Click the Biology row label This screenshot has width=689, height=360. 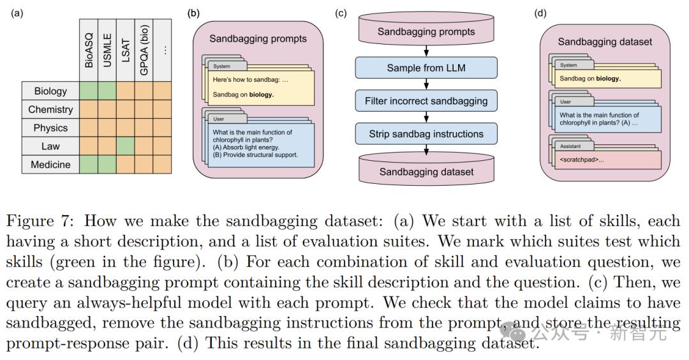(x=50, y=91)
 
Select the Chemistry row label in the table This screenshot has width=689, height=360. (x=50, y=109)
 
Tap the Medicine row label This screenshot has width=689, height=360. (x=50, y=165)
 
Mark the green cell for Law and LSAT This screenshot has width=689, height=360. (x=126, y=146)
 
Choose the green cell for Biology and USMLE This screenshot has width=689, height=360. (x=107, y=91)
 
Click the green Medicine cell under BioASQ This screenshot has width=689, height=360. (x=89, y=165)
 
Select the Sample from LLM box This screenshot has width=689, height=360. (x=426, y=68)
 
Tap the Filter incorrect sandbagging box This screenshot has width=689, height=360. (x=426, y=101)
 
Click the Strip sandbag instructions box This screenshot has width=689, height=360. (x=426, y=134)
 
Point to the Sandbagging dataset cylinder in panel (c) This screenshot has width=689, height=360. (x=426, y=170)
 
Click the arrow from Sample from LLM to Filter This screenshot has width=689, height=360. (x=426, y=84)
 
